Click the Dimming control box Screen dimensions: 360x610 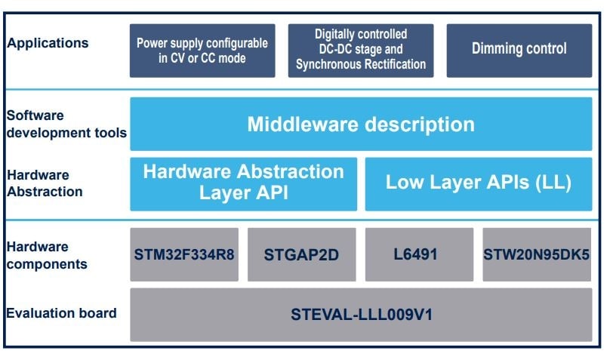519,50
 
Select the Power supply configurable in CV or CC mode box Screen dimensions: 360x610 202,50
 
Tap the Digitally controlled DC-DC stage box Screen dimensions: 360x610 361,50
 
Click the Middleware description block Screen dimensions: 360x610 361,124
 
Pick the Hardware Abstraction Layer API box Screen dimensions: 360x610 243,183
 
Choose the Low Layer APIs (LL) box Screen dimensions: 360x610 479,183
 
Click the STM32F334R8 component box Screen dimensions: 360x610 184,254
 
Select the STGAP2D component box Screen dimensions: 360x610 301,254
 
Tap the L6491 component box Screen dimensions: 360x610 419,254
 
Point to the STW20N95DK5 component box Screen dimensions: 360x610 537,254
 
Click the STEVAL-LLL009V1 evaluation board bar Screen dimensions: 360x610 361,314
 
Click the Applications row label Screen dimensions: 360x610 48,43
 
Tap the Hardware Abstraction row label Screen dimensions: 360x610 45,183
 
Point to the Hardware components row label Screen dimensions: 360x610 48,255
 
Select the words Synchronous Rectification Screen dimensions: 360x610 361,65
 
